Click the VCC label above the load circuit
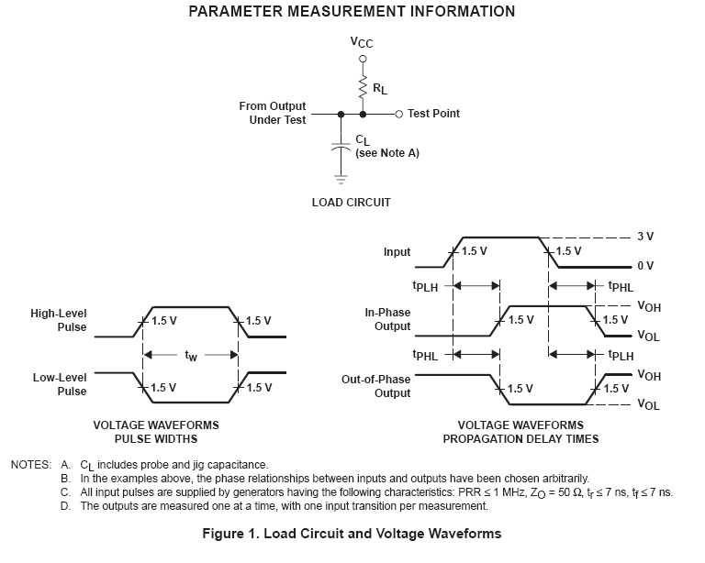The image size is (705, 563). (x=362, y=42)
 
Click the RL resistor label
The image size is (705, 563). (x=378, y=90)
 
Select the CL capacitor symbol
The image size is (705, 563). (x=341, y=146)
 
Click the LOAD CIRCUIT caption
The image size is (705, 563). (x=352, y=202)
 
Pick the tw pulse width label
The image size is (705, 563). (x=191, y=356)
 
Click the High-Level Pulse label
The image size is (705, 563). (x=59, y=320)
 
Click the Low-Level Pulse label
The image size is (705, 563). (x=60, y=384)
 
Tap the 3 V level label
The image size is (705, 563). (x=644, y=237)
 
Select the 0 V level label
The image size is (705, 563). (x=644, y=266)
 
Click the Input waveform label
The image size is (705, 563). (x=397, y=251)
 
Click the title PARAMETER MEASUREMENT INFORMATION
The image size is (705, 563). (x=352, y=12)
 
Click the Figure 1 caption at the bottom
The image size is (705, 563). (x=352, y=533)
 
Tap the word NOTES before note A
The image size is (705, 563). (x=31, y=465)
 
